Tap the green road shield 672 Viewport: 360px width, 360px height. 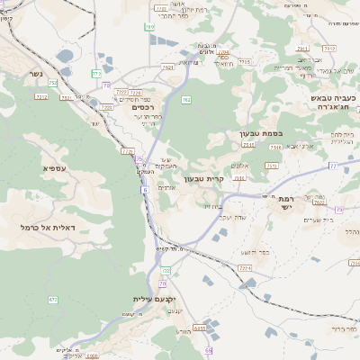53,299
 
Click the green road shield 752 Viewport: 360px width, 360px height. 53,83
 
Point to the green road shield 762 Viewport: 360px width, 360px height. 185,100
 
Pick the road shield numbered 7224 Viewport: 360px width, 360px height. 245,267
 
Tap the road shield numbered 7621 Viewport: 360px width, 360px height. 167,67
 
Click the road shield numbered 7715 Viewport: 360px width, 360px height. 245,61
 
